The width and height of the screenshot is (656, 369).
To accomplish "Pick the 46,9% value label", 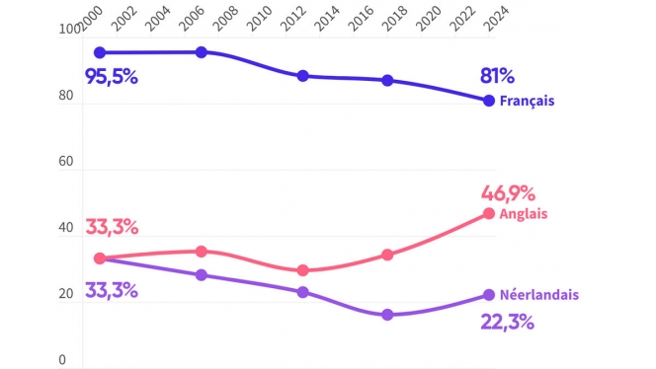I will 507,192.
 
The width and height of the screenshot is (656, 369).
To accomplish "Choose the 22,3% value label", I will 508,322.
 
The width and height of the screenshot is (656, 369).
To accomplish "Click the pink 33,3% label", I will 112,227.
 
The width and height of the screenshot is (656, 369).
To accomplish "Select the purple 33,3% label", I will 112,291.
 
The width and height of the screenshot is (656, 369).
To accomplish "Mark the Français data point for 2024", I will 488,101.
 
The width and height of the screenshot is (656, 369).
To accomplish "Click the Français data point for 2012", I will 303,76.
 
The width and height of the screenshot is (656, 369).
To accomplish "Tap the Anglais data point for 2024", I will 488,213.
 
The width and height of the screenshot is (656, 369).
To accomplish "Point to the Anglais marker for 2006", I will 201,252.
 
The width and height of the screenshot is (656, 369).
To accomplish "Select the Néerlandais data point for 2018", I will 387,315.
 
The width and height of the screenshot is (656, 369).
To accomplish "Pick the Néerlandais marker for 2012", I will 303,292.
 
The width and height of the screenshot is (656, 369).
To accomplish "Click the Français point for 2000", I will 99,52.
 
